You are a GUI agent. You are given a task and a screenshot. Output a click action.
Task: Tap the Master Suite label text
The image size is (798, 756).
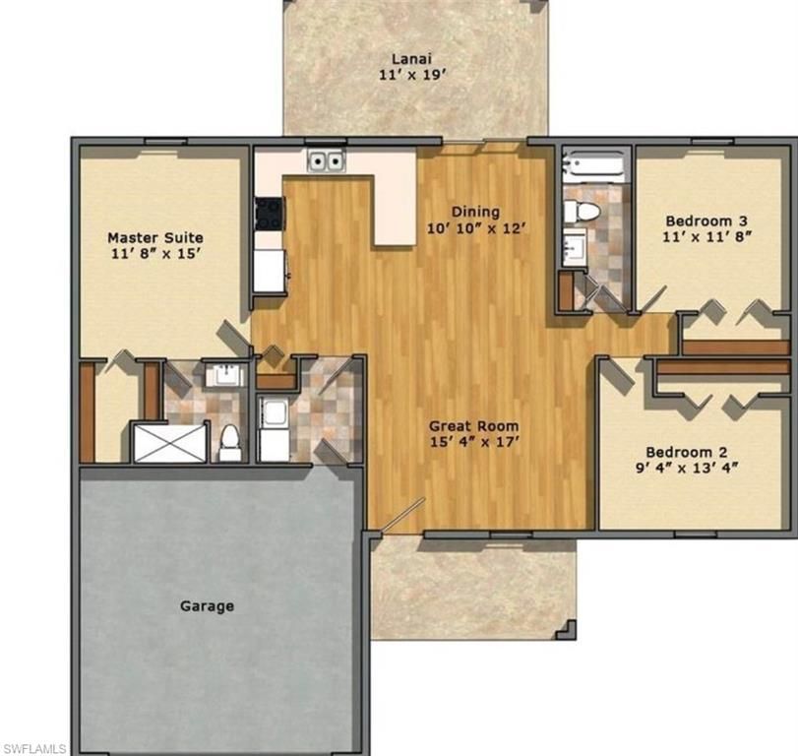(155, 237)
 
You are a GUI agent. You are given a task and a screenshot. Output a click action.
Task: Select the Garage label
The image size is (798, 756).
(207, 605)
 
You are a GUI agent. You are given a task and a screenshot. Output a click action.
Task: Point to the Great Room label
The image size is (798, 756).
(474, 426)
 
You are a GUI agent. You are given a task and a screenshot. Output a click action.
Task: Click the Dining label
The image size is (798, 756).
(475, 212)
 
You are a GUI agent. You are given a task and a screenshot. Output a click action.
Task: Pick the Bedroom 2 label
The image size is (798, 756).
(695, 452)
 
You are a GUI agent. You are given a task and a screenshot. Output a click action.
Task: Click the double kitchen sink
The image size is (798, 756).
(326, 160)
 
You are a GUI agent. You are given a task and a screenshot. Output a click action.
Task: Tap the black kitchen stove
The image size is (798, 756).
(269, 213)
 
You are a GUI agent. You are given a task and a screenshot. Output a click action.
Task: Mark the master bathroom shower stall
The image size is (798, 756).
(170, 442)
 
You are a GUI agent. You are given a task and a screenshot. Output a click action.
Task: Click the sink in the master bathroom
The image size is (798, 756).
(225, 374)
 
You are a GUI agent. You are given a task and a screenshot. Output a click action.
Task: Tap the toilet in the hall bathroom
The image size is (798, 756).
(587, 210)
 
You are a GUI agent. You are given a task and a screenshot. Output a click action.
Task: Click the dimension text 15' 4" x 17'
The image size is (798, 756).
(474, 443)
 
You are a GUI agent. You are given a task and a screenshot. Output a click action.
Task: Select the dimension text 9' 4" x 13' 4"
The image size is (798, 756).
(695, 469)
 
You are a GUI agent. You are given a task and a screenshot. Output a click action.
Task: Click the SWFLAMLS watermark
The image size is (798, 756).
(34, 748)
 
